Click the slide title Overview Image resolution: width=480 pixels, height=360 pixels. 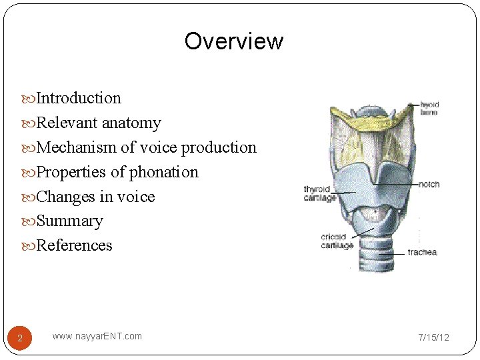click(233, 41)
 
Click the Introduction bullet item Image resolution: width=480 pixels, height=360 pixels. click(79, 99)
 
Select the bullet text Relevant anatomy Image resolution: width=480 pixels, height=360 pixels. click(99, 123)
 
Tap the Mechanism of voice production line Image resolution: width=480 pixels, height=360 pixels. click(146, 147)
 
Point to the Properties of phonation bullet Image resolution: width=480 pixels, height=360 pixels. click(117, 172)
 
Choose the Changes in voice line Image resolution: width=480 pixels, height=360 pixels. click(95, 197)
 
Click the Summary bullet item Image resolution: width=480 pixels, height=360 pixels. click(69, 221)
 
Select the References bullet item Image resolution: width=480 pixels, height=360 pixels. click(74, 245)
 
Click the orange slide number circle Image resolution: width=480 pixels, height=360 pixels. click(20, 339)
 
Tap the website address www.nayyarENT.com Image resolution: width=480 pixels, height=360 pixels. click(97, 336)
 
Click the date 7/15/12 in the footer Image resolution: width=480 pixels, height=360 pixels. click(433, 337)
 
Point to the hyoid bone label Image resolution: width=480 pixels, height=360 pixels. click(429, 108)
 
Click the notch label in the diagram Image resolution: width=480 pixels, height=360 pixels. click(429, 184)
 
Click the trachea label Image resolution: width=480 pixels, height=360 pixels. click(422, 253)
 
